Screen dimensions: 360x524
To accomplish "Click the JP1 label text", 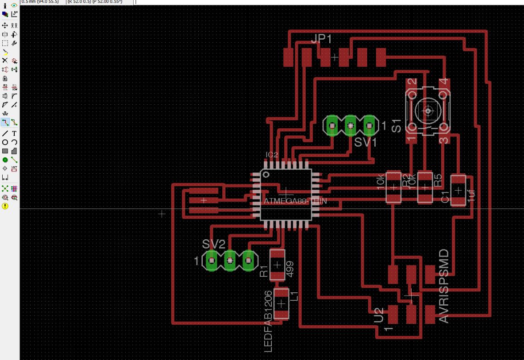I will pos(321,40).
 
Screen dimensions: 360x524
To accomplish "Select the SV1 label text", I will pos(365,143).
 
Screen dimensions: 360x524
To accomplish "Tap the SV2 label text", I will pos(213,244).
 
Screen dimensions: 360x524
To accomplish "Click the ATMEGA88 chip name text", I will pos(285,201).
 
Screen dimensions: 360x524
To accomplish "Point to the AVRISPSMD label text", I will pos(444,286).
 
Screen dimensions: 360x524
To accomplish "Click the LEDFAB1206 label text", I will pos(268,321).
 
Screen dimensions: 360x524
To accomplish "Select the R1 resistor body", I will pos(277,265).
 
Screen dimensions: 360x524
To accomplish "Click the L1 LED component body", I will pos(281,303).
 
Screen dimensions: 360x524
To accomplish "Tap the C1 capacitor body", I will pos(458,190).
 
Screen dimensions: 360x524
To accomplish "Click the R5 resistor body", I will pos(425,188).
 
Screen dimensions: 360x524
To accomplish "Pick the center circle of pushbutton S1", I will pos(428,110).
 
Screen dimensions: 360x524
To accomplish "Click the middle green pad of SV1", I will pos(351,126).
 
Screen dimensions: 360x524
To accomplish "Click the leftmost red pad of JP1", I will pos(288,57).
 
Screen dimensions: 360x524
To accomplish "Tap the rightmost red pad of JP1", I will pos(381,57).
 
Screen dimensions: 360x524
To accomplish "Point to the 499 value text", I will pos(289,269).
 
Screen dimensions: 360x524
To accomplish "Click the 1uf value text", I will pos(471,195).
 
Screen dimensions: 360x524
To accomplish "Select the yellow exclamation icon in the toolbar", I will pos(5,206).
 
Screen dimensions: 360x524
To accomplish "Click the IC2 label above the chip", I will pos(272,155).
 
